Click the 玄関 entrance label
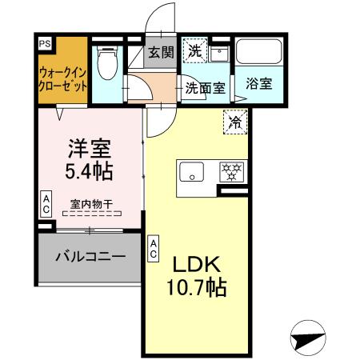(161, 54)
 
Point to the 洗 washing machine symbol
(195, 50)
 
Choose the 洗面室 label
(206, 88)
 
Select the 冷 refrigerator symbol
(237, 122)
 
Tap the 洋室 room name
(87, 149)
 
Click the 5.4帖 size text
(87, 170)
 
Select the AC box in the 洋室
(46, 203)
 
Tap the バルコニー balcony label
(90, 258)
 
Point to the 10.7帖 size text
(198, 287)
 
